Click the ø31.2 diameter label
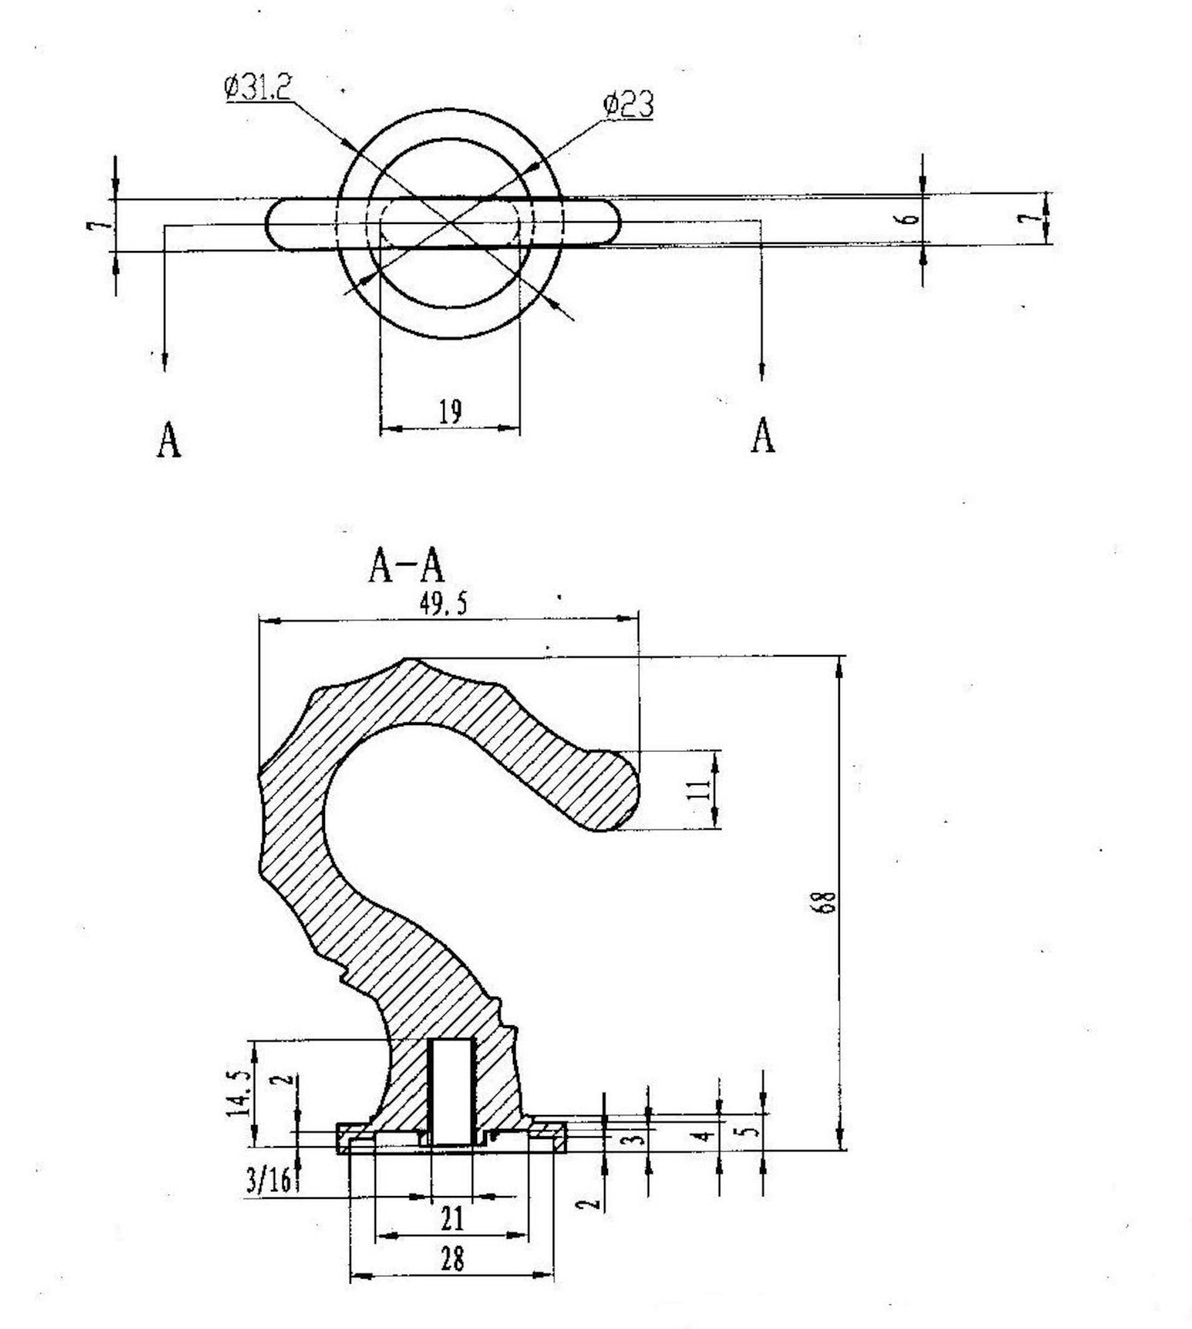click(258, 88)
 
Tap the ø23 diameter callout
click(628, 105)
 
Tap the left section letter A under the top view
click(168, 440)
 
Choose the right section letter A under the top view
click(762, 435)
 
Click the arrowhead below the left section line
click(164, 361)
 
